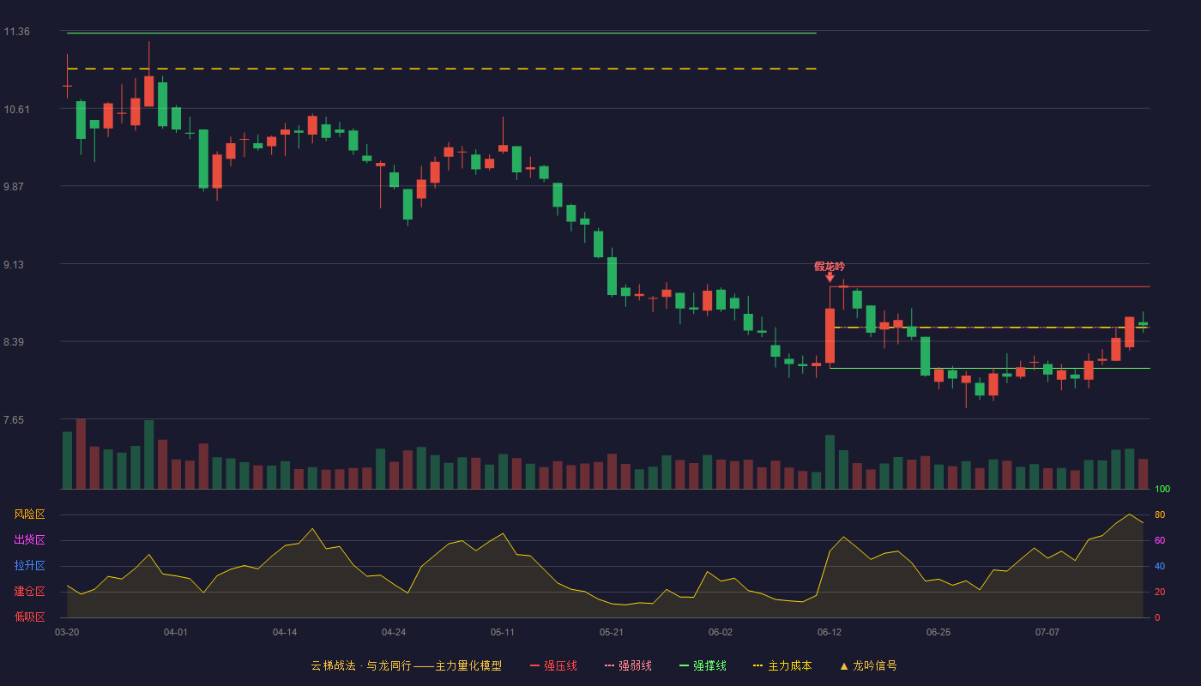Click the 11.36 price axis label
coord(16,32)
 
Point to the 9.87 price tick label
coord(14,187)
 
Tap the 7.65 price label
coord(14,419)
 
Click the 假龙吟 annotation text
coord(830,267)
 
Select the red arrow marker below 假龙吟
coord(830,277)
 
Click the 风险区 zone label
coord(29,514)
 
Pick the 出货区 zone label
coord(29,539)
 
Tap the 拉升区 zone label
coord(29,565)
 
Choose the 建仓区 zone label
coord(29,591)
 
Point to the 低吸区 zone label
coord(29,617)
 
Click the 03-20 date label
coord(67,633)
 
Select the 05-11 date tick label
coord(503,633)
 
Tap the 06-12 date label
coord(830,633)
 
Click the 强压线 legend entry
coord(553,665)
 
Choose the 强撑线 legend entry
coord(703,665)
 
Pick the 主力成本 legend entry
coord(782,665)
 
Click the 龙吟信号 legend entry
coord(868,665)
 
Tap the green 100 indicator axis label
coord(1162,489)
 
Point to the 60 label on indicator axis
coord(1160,540)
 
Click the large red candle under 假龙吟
coord(830,335)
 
